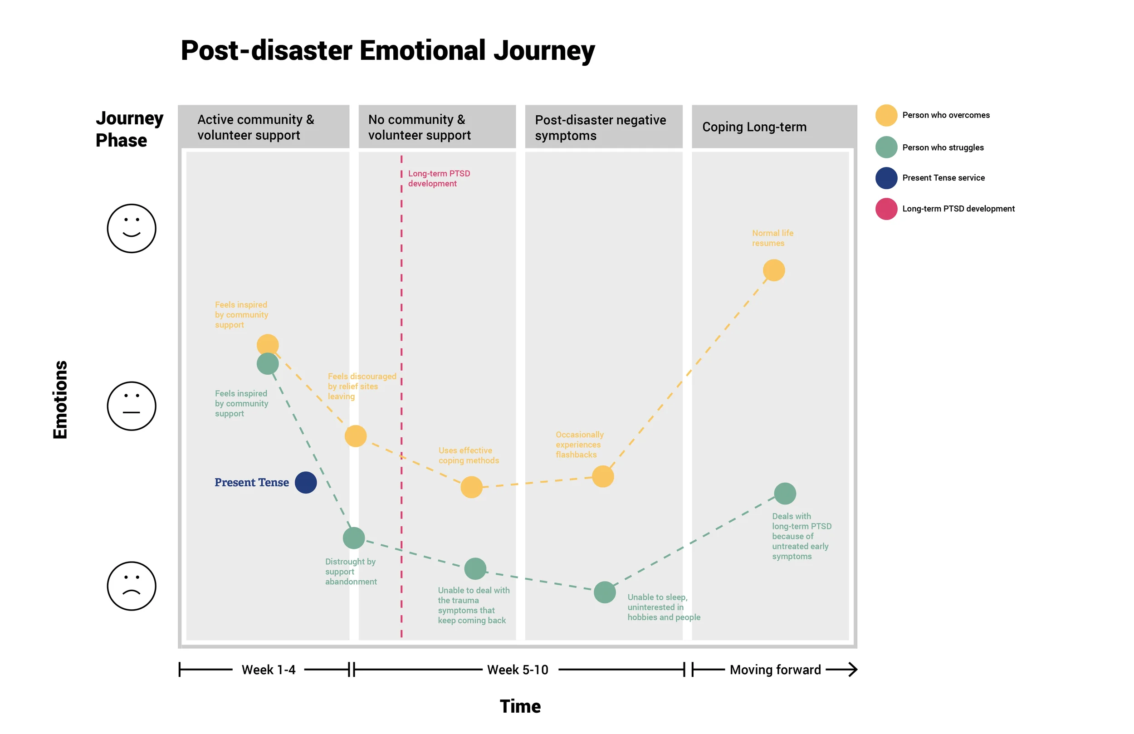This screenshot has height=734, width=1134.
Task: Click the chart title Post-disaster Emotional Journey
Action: coord(387,50)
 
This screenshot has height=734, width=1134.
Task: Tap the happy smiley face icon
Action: coord(132,228)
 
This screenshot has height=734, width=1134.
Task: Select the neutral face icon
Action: coord(132,406)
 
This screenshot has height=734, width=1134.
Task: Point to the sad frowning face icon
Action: coord(132,586)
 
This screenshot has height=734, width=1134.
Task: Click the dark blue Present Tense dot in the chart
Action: coord(306,482)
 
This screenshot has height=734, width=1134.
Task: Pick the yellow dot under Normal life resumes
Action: coord(774,270)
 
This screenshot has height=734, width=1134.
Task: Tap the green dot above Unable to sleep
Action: coord(605,592)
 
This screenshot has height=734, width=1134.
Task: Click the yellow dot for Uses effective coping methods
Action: coord(471,487)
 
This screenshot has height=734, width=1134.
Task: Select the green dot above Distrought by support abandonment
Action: coord(353,538)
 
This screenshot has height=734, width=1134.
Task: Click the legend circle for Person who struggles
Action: coord(886,147)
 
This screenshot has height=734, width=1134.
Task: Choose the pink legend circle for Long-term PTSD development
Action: coord(886,209)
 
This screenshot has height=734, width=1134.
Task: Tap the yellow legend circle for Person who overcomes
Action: coord(886,115)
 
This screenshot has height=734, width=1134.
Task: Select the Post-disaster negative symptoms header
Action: coord(601,127)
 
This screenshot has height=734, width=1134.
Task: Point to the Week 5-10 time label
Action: coord(518,670)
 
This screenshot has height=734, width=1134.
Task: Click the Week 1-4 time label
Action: coord(268,670)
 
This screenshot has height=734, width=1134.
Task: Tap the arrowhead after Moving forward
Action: coord(852,670)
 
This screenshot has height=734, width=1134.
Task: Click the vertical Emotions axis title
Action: coord(60,399)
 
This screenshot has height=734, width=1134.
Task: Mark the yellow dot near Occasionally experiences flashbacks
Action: coord(603,477)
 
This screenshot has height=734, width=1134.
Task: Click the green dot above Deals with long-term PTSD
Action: coord(785,493)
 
